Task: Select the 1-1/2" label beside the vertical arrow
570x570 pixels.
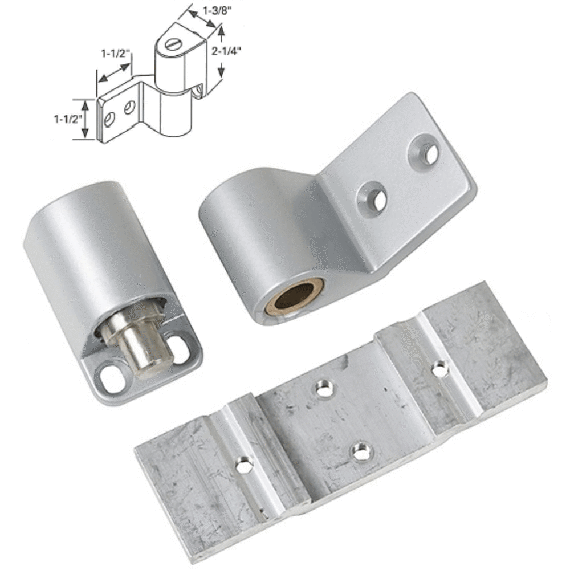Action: tap(67, 119)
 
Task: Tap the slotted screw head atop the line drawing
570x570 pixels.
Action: tap(173, 43)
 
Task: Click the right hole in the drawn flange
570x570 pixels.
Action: tap(129, 107)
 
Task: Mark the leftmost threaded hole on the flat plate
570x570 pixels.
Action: tap(244, 466)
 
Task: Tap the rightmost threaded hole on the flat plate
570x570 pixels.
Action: tap(439, 369)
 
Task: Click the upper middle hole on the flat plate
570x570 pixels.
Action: tap(324, 390)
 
